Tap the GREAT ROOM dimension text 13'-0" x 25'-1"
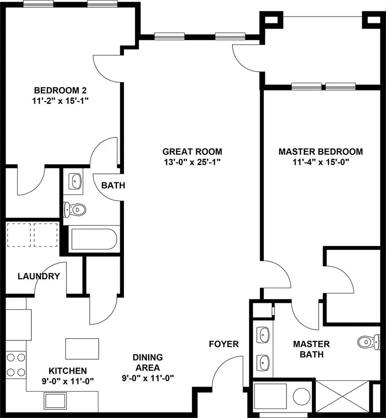(192, 162)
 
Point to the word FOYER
(224, 344)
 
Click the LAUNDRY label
(39, 276)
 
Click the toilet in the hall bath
(75, 209)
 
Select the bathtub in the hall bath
(93, 239)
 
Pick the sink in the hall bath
(75, 181)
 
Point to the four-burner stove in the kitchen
(16, 365)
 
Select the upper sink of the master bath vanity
(264, 333)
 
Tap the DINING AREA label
(148, 362)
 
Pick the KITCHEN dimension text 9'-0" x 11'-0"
(67, 381)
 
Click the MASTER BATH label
(311, 349)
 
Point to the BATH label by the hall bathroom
(113, 185)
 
